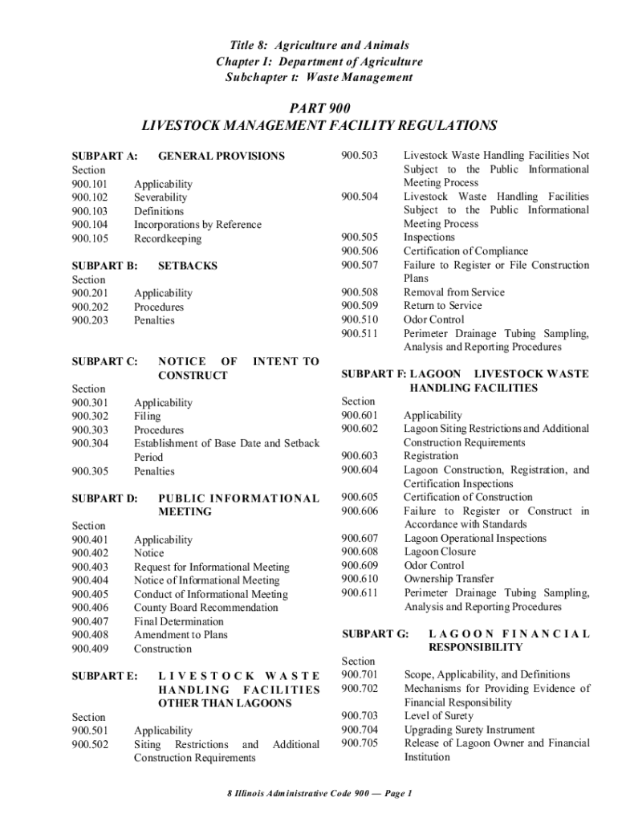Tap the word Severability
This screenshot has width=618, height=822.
161,197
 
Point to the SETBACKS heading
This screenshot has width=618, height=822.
188,266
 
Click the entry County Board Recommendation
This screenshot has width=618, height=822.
206,608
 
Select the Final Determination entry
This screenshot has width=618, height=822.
179,621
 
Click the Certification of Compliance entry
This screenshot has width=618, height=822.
466,251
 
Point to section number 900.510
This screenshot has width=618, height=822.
359,319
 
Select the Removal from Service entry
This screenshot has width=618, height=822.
454,292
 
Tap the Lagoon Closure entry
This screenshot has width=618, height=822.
440,551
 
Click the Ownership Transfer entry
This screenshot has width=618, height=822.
449,579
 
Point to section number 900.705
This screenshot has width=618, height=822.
359,743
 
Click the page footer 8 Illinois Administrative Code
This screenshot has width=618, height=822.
319,794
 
